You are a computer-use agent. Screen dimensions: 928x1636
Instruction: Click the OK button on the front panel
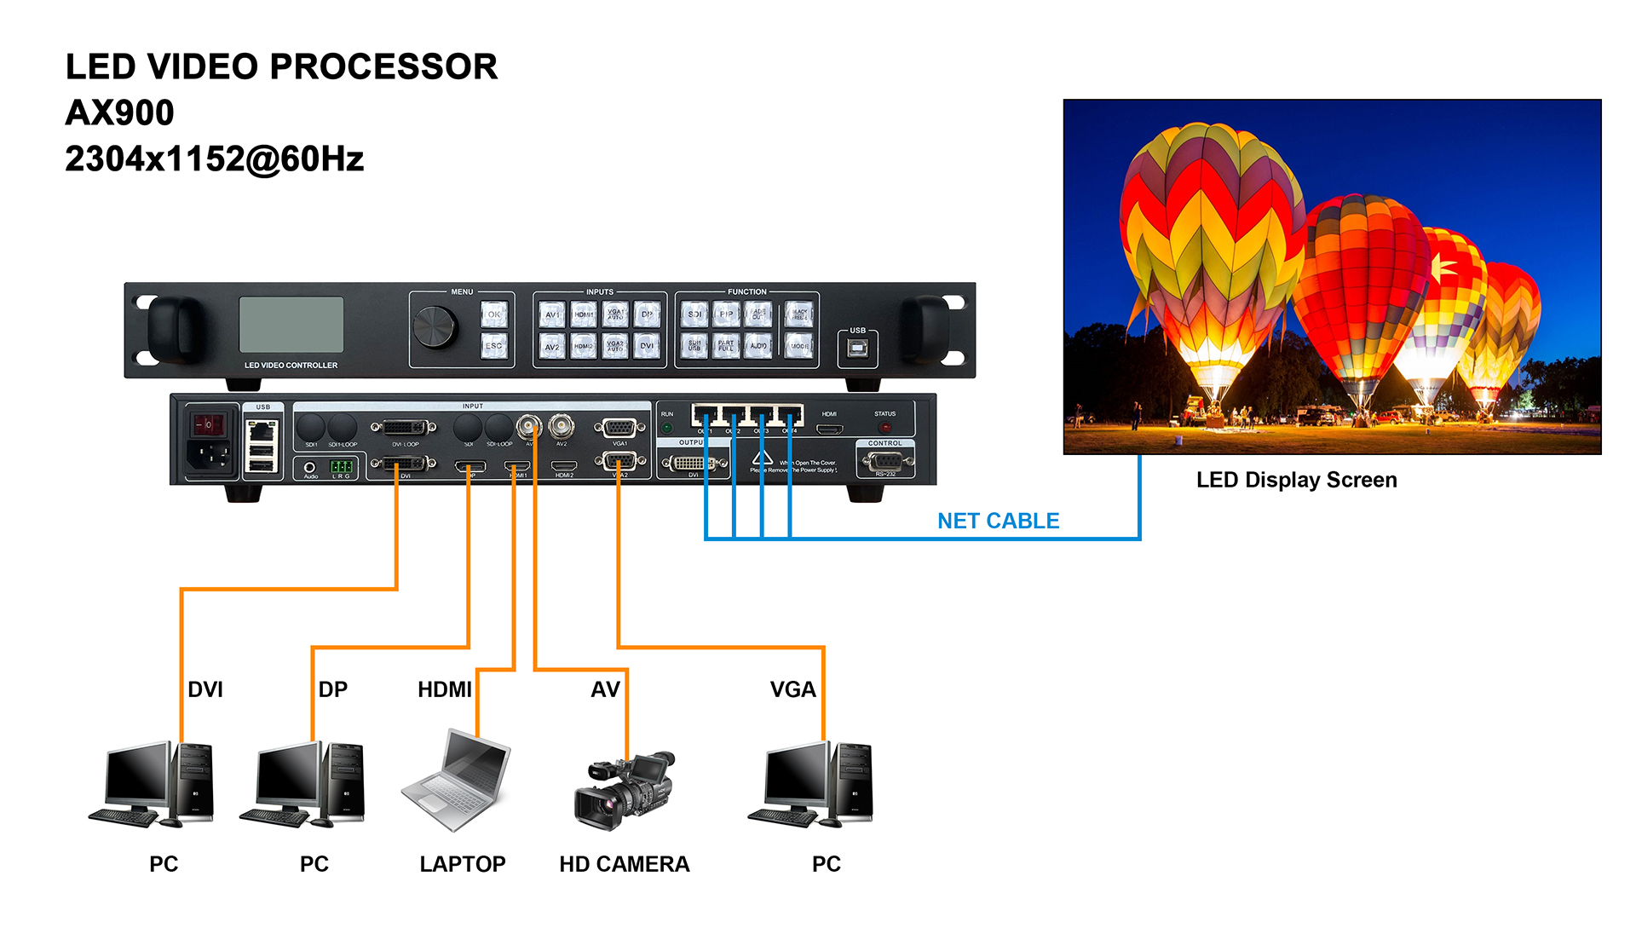coord(494,314)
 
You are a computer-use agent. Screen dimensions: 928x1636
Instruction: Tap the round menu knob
coord(435,326)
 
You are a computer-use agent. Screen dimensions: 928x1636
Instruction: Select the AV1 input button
coord(552,314)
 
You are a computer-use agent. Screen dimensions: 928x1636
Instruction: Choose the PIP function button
coord(726,314)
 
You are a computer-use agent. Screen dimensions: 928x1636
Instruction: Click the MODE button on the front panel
coord(799,346)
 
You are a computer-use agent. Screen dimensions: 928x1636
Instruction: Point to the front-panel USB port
coord(858,348)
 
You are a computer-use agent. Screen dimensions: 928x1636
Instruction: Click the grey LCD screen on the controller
coord(291,325)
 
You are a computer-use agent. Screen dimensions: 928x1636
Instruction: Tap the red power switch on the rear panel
coord(208,424)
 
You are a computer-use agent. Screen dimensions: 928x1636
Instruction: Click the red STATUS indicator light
coord(885,427)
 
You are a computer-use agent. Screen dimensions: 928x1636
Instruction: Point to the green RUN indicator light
coord(667,427)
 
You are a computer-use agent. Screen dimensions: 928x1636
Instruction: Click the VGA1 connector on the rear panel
coord(619,428)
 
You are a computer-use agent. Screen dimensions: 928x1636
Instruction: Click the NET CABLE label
coord(998,521)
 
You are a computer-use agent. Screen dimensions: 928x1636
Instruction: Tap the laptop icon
coord(458,780)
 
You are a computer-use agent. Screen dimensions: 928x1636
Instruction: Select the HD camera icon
coord(624,789)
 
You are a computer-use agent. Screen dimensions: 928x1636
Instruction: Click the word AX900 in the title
coord(120,113)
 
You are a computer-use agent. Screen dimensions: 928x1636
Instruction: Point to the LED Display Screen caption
coord(1296,480)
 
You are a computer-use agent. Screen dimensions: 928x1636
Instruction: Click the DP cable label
coord(333,689)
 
